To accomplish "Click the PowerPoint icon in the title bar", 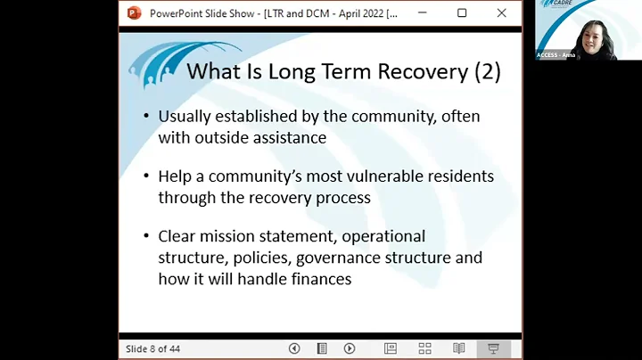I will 134,12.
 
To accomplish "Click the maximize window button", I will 462,12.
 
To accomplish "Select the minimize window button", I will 421,12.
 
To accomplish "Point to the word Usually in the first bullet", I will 189,116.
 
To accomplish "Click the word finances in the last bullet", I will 320,279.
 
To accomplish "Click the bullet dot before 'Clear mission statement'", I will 146,237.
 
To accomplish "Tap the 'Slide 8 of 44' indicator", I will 152,348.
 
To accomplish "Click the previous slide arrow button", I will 294,348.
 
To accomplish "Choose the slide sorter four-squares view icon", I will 424,348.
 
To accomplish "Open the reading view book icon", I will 459,348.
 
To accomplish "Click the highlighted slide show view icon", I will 493,348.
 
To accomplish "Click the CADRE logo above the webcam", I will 588,5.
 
